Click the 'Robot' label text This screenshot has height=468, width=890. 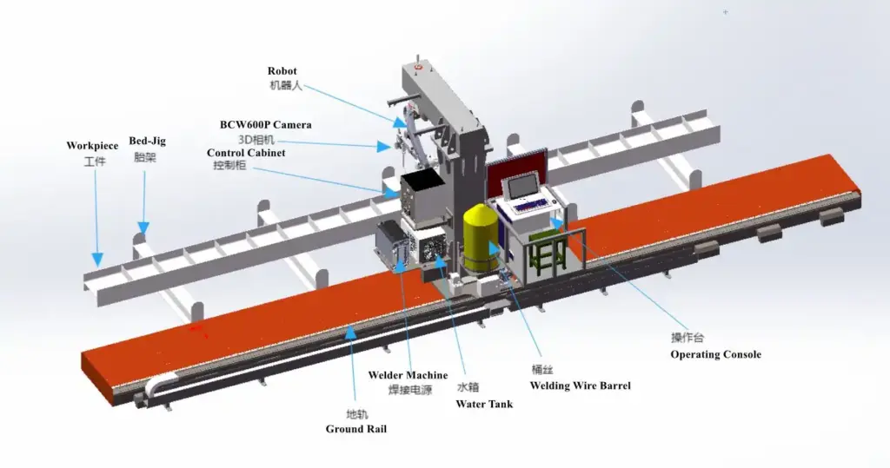click(x=282, y=71)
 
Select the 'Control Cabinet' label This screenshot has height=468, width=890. click(x=246, y=153)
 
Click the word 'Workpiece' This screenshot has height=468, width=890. click(x=92, y=146)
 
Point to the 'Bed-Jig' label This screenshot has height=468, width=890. click(x=147, y=141)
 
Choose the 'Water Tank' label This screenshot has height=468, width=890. click(x=484, y=404)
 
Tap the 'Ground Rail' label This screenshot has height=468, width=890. click(x=355, y=429)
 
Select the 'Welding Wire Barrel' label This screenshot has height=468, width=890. click(x=580, y=386)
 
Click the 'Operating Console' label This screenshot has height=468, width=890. click(x=715, y=354)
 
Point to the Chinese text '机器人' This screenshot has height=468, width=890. click(x=284, y=86)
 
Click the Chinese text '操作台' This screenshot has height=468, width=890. click(x=687, y=339)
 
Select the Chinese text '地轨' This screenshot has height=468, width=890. click(x=356, y=413)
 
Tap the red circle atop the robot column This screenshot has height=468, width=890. click(x=419, y=65)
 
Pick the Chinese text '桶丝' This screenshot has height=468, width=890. click(x=542, y=368)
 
